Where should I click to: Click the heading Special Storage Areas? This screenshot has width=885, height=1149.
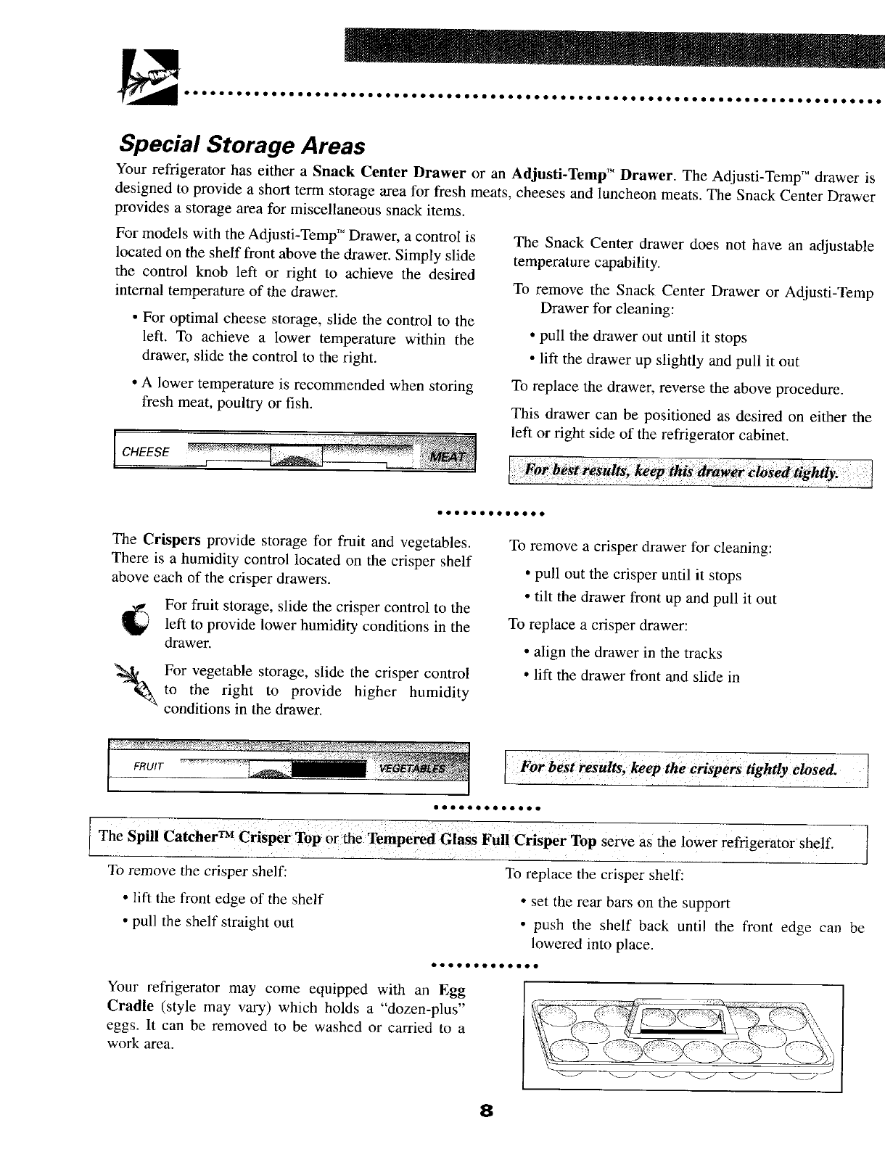click(x=240, y=144)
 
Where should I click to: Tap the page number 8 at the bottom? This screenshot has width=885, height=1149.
click(x=485, y=1131)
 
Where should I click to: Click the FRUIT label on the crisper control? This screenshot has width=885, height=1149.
click(x=149, y=766)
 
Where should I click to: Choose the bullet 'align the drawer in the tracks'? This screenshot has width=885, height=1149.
click(x=627, y=653)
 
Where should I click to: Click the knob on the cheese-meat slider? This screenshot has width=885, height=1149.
click(x=296, y=456)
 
